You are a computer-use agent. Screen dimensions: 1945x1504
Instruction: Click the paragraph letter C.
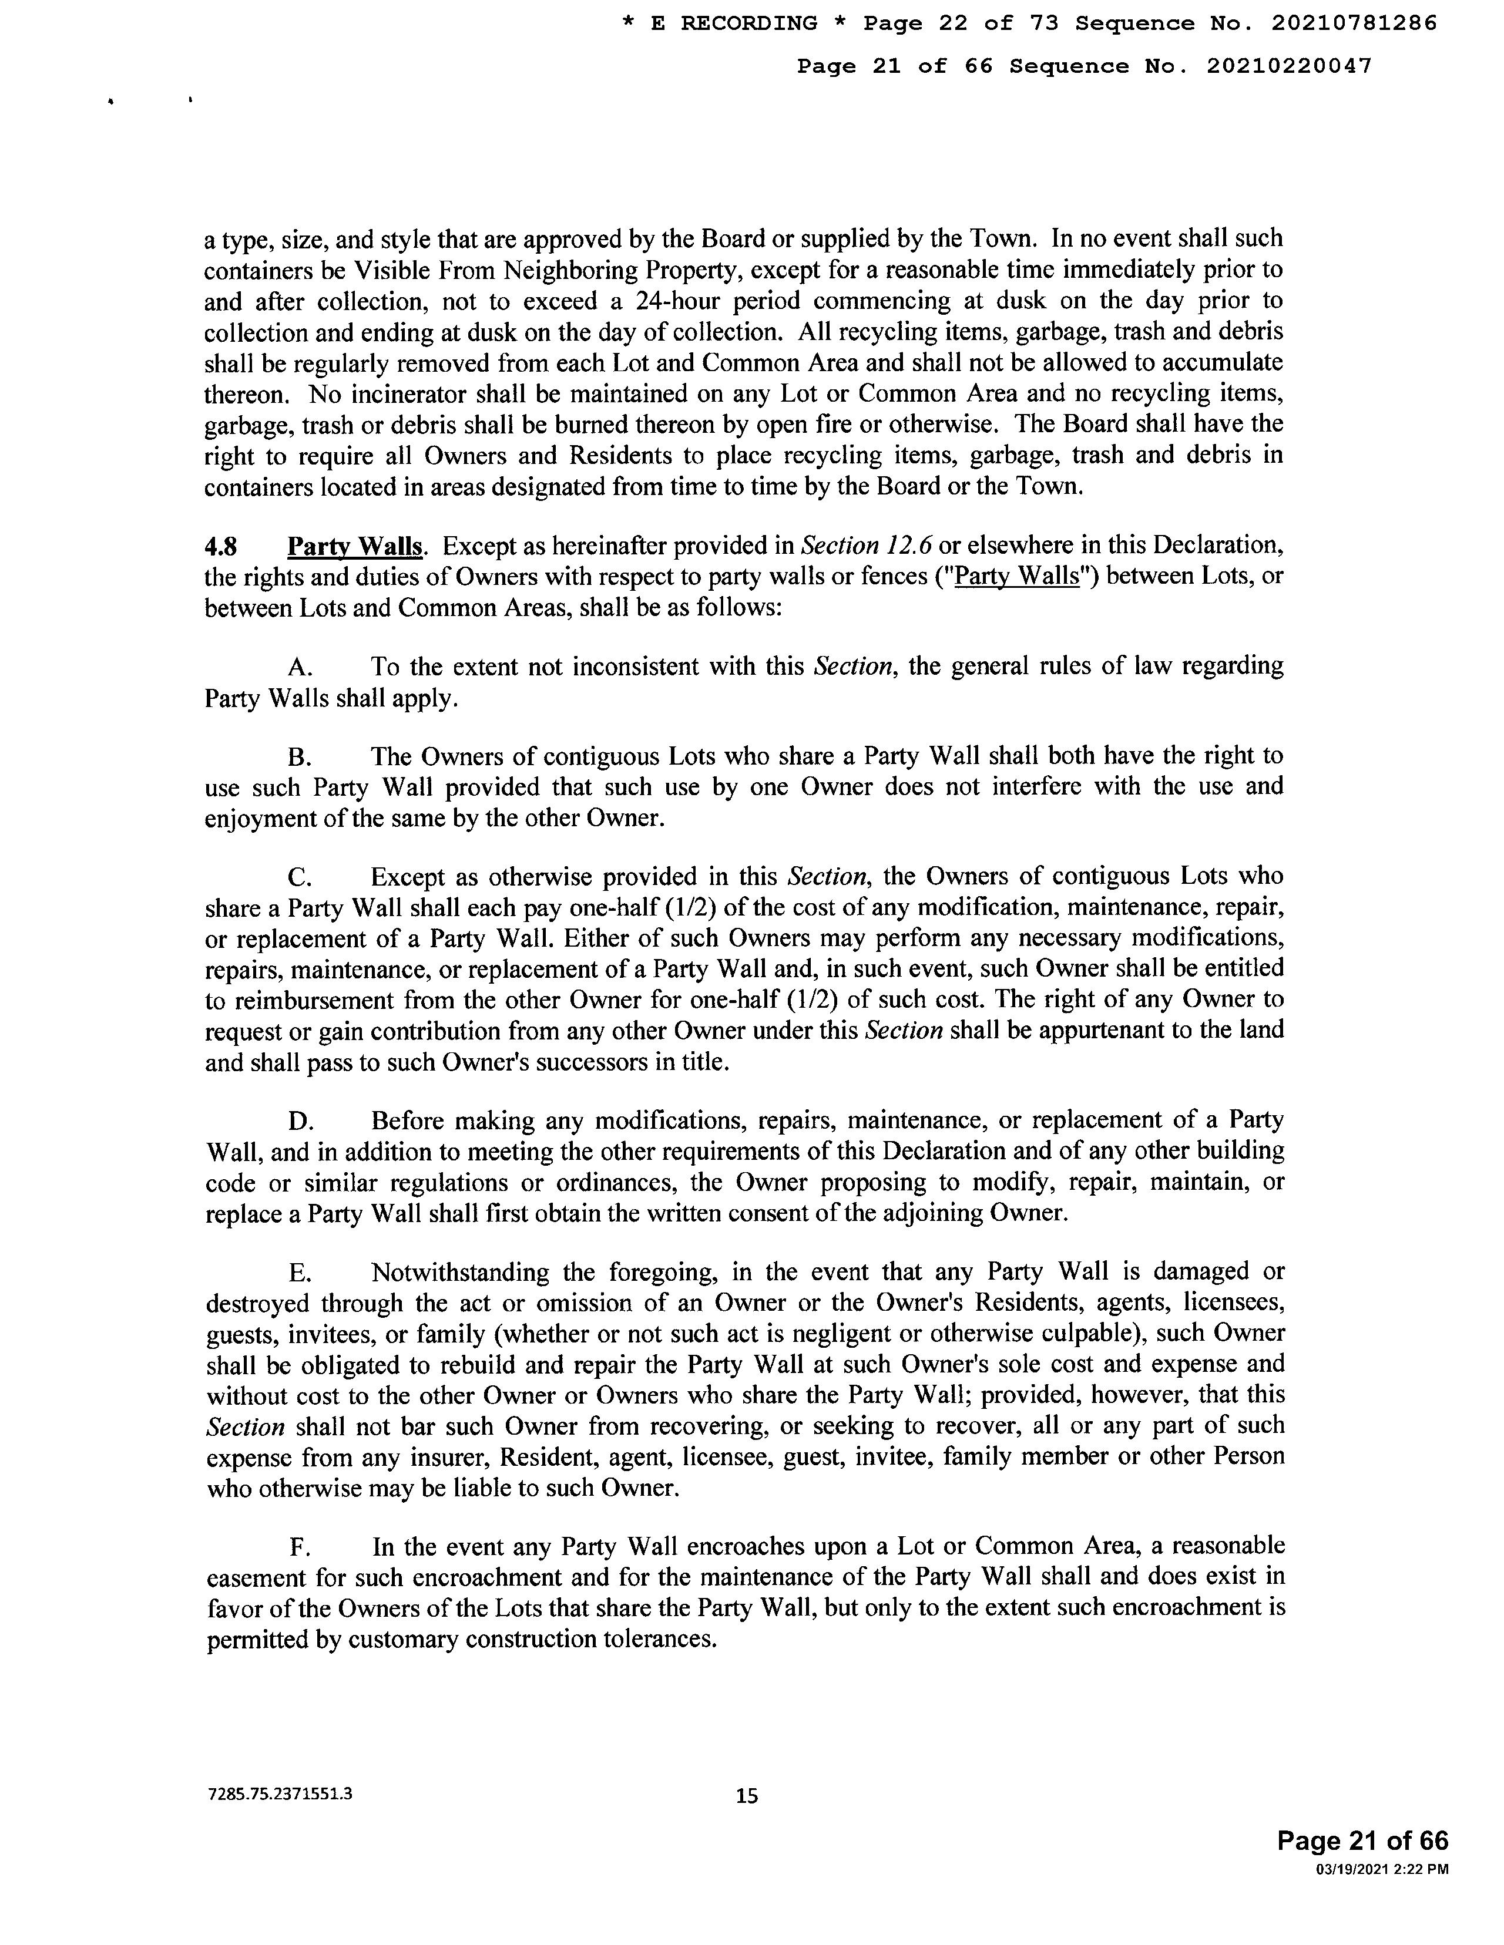pyautogui.click(x=300, y=877)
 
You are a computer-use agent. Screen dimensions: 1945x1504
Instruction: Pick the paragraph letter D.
pyautogui.click(x=300, y=1121)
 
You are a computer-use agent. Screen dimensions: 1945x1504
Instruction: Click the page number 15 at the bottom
pyautogui.click(x=747, y=1796)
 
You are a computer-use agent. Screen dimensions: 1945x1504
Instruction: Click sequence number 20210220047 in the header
pyautogui.click(x=1288, y=66)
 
